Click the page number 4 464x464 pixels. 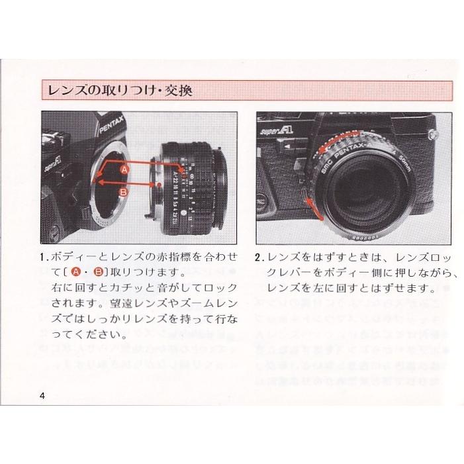[x=43, y=396]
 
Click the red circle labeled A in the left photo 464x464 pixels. [x=124, y=170]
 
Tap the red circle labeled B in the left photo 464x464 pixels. [x=124, y=192]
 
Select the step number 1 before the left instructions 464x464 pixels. [x=43, y=257]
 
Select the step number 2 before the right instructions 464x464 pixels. [x=259, y=257]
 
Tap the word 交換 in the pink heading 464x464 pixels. [x=179, y=89]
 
